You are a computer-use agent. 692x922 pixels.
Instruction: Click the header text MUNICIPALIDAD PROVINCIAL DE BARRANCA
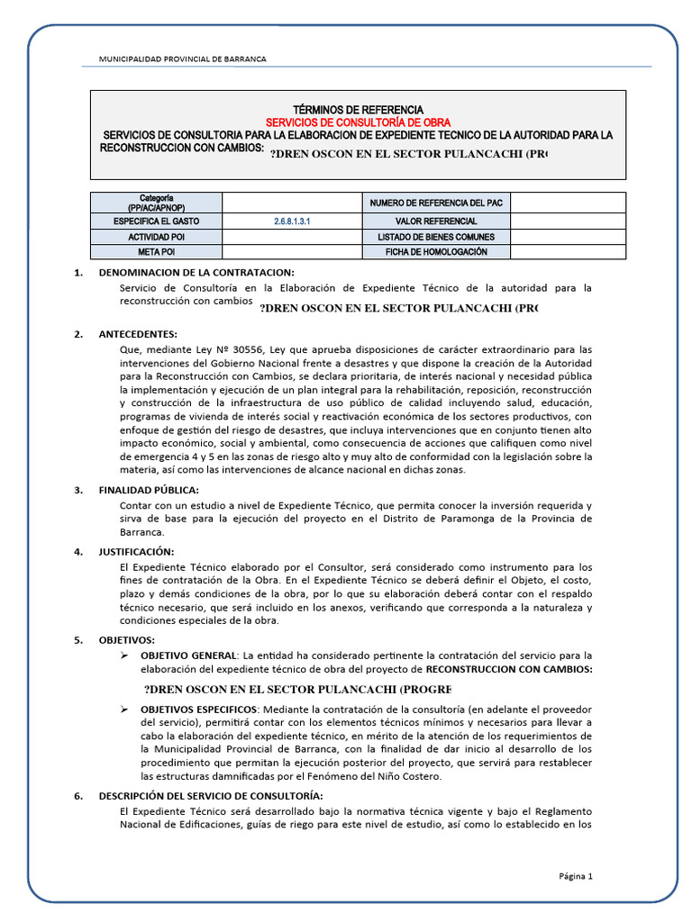coord(182,59)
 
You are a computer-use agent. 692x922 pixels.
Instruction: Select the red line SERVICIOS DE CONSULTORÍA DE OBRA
coord(358,122)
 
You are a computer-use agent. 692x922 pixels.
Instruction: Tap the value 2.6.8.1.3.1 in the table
coord(291,221)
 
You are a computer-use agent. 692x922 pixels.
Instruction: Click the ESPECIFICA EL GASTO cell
coord(156,221)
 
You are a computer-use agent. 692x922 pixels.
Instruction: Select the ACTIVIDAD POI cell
coord(156,237)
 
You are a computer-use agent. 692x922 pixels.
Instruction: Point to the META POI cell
coord(156,252)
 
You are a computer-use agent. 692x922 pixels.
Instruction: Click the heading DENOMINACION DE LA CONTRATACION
coord(196,273)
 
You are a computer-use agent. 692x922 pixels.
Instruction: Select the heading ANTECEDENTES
coord(138,334)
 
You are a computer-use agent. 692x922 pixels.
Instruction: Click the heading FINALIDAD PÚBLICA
coord(149,491)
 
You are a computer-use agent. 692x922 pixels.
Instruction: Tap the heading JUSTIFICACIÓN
coord(136,551)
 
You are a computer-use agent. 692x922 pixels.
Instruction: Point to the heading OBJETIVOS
coord(127,639)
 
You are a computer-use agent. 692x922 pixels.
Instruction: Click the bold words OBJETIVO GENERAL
coord(189,655)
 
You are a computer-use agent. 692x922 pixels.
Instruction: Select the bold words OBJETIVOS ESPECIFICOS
coord(196,710)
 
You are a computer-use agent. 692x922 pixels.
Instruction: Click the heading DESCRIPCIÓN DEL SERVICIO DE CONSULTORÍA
coord(209,795)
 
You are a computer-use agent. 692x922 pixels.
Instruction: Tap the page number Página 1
coord(576,876)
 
